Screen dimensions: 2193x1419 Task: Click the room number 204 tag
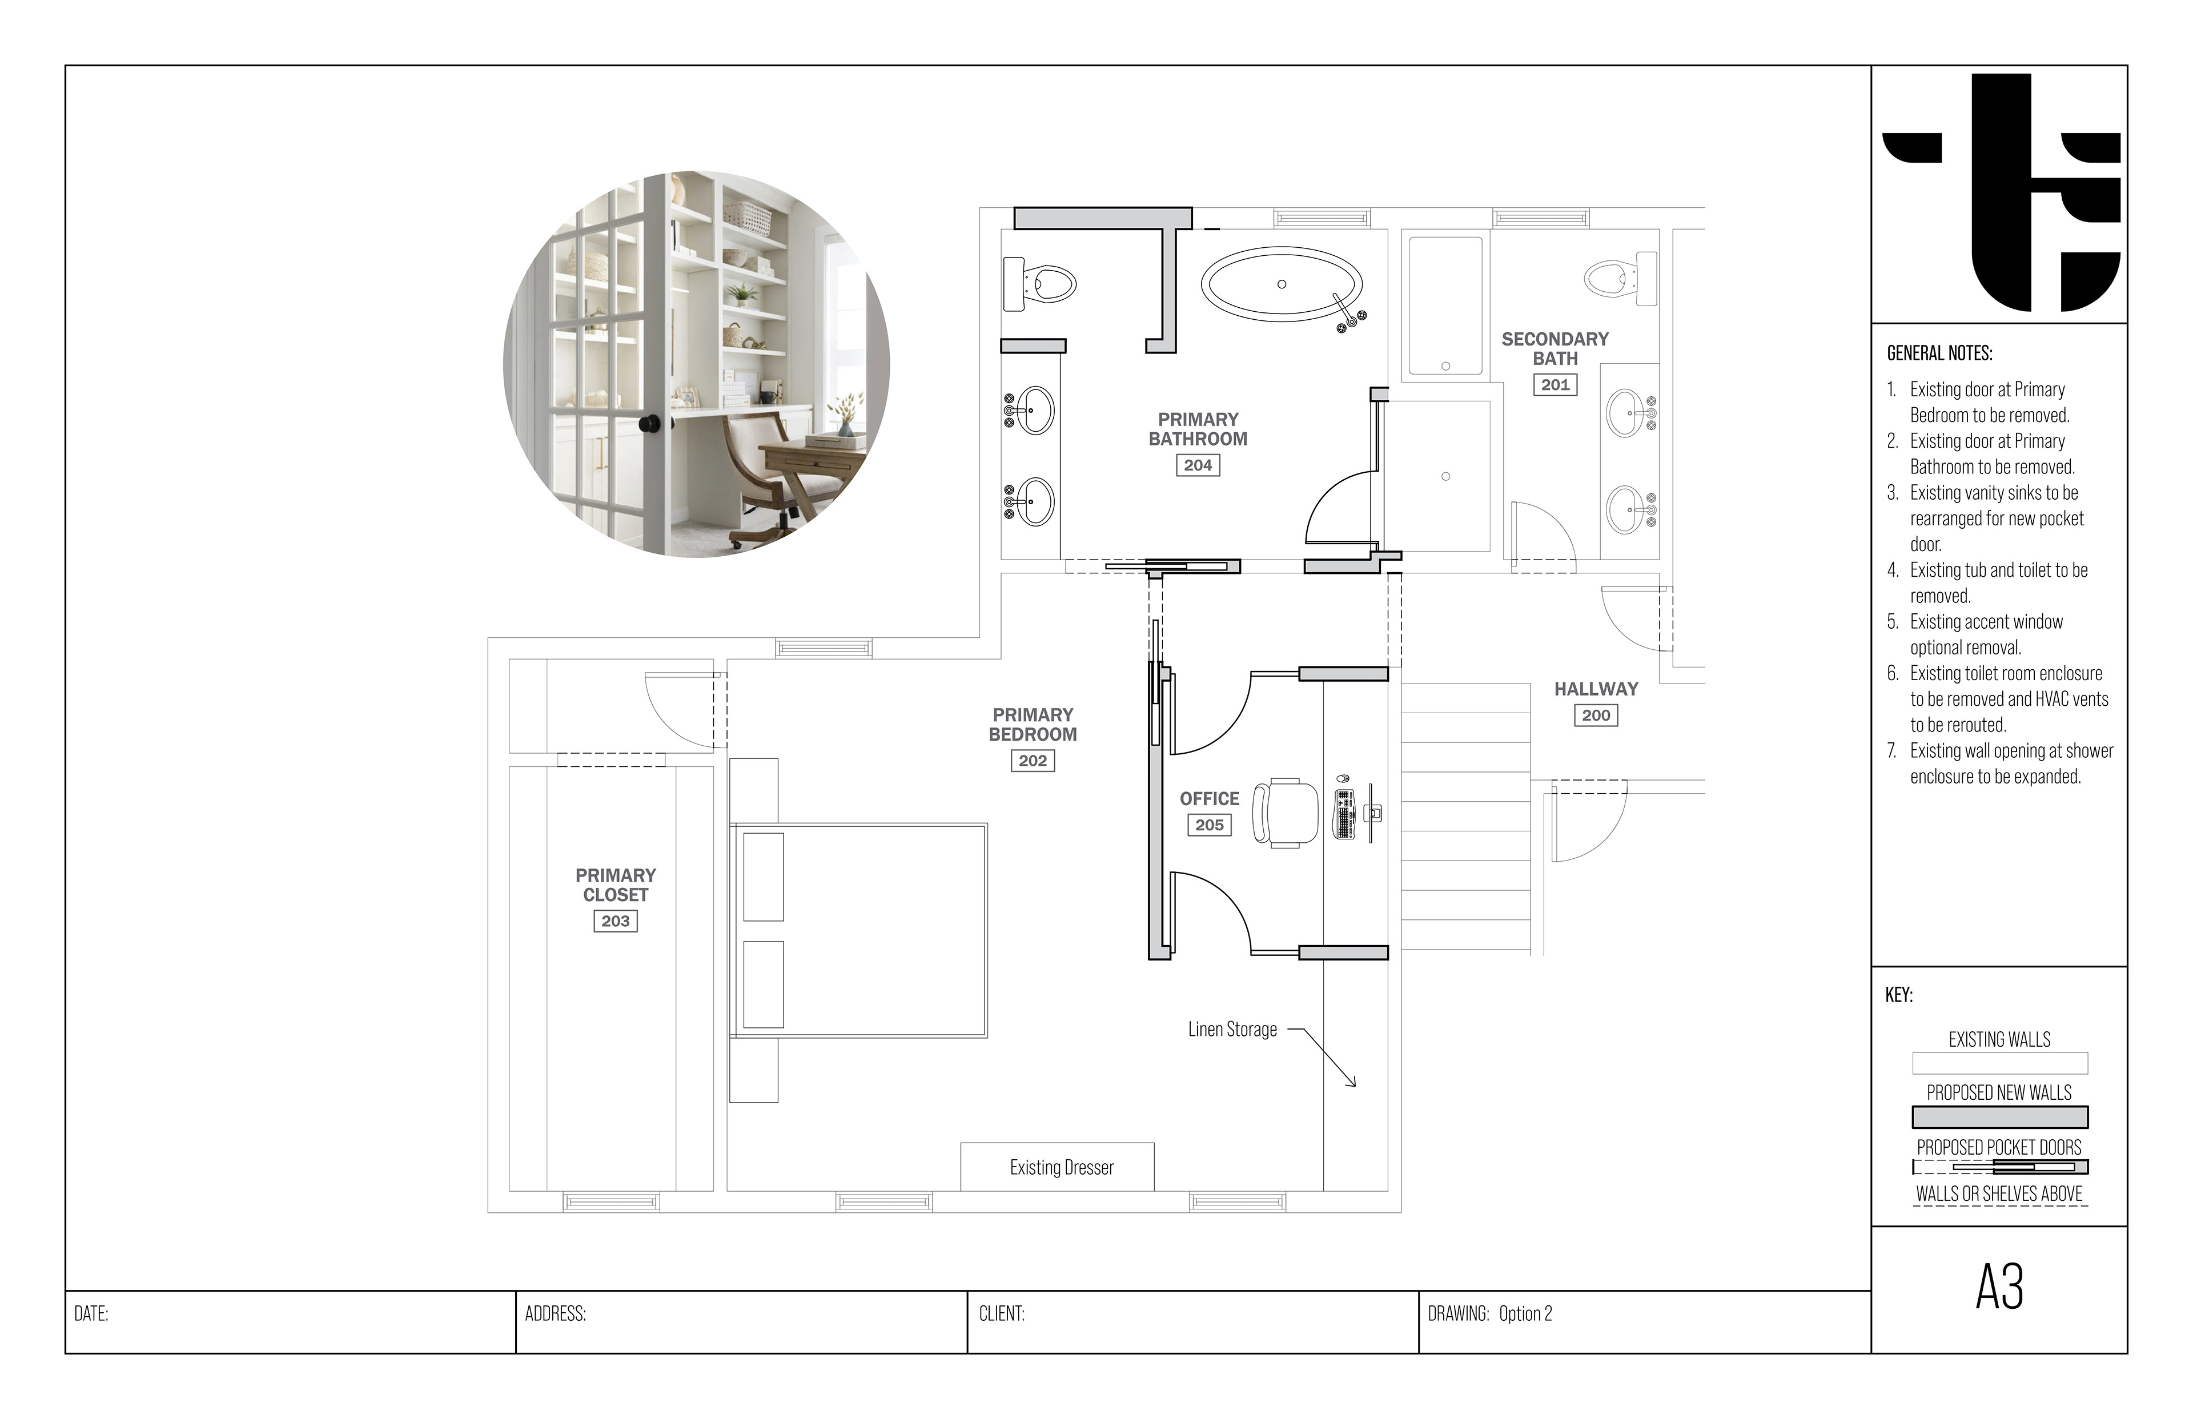point(1198,465)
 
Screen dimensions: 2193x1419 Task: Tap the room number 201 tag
point(1555,385)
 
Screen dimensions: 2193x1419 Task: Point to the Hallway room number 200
point(1596,715)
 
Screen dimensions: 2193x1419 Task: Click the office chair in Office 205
point(1286,813)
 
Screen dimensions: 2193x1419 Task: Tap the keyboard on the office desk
point(1344,814)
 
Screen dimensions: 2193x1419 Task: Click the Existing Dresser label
point(1062,1167)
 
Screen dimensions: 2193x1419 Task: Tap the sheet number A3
point(1999,1287)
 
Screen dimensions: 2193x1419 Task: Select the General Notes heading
point(1939,353)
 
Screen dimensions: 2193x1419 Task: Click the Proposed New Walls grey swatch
point(1999,1117)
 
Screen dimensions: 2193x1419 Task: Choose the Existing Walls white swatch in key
point(1999,1063)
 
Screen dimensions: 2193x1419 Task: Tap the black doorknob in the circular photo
point(649,424)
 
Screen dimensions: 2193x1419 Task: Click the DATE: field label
point(91,1314)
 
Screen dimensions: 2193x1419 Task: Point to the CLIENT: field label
point(1002,1314)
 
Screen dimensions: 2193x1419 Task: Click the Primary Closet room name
point(616,885)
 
